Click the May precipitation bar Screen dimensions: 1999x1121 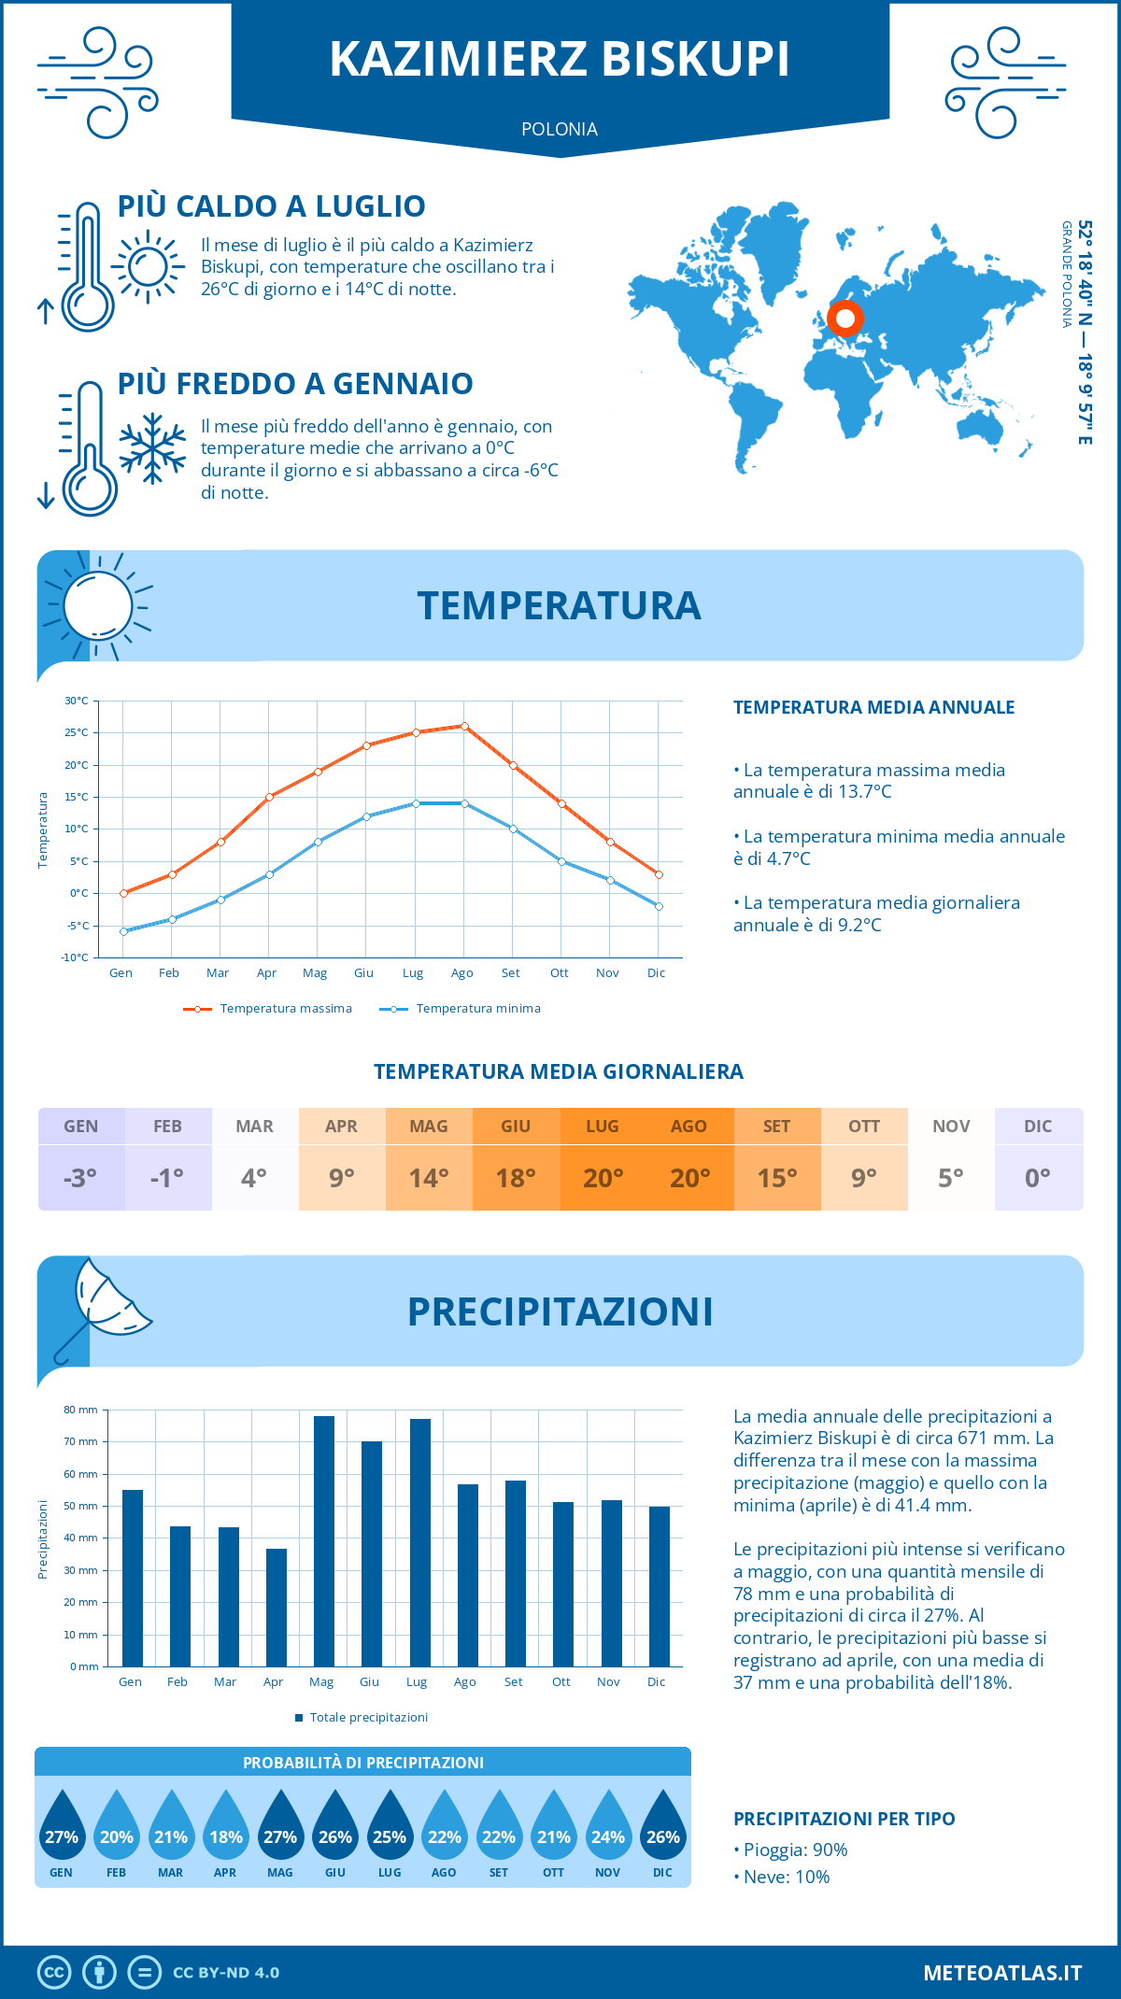point(324,1541)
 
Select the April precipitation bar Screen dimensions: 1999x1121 point(277,1608)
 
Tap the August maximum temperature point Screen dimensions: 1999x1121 point(464,726)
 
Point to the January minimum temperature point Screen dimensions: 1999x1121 point(123,931)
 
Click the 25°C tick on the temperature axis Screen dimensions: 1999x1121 point(77,732)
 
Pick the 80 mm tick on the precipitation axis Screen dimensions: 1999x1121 point(81,1410)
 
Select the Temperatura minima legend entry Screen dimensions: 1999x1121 point(461,1009)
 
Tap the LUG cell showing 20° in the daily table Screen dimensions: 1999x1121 point(603,1178)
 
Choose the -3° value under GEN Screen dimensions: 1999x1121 point(80,1178)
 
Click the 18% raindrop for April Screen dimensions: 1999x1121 point(226,1836)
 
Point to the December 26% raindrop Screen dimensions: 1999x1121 point(663,1836)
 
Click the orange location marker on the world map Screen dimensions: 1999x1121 point(845,319)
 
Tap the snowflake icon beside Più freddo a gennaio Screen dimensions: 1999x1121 point(152,448)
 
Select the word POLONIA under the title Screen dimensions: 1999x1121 point(560,129)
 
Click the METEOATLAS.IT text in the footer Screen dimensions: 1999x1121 point(1002,1973)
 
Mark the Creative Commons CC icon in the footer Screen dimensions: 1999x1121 point(54,1973)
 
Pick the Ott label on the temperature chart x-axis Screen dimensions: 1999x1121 point(559,973)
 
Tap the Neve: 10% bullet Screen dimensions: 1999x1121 point(782,1878)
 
